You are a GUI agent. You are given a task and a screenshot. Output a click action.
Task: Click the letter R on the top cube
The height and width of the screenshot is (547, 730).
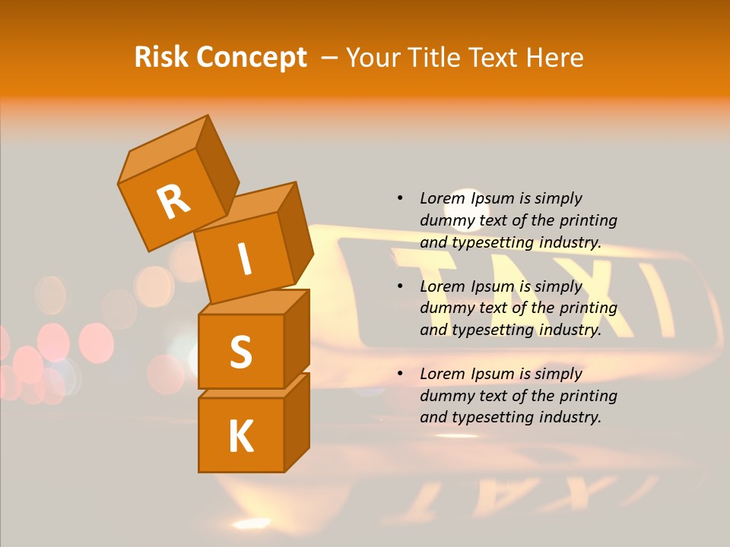(173, 201)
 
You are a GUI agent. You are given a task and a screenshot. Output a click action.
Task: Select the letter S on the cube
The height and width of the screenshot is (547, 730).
(240, 352)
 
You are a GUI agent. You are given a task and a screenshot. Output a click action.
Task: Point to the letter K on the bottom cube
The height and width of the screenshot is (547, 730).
(240, 437)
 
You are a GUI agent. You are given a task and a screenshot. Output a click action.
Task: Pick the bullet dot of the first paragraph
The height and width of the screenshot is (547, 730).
(400, 198)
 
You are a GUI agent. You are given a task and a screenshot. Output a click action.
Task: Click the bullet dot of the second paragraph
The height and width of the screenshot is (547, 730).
(400, 286)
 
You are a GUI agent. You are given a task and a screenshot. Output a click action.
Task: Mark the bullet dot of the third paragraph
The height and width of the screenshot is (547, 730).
(400, 374)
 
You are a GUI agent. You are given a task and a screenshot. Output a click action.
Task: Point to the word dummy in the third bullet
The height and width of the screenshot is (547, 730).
(446, 396)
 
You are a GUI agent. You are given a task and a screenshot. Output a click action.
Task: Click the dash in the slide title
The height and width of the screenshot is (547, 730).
(329, 58)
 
